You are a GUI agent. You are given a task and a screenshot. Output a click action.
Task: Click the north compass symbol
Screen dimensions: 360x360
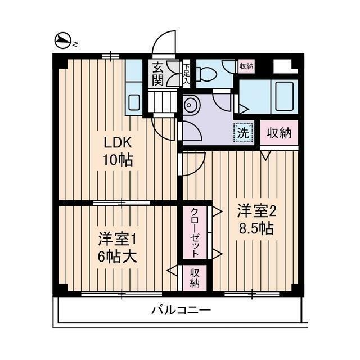[x=63, y=40]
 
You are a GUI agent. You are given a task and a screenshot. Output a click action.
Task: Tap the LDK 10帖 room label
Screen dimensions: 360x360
[x=117, y=152]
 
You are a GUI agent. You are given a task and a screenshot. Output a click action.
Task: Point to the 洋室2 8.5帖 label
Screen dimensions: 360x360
[x=255, y=220]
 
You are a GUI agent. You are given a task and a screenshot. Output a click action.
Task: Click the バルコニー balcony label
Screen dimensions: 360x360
[x=181, y=310]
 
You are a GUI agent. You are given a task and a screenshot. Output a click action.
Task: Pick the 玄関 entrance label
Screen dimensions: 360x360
[x=157, y=74]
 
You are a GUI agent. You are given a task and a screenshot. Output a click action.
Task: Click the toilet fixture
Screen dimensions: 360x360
[x=206, y=73]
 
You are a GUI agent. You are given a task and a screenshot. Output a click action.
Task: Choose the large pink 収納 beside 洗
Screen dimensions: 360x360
[x=279, y=133]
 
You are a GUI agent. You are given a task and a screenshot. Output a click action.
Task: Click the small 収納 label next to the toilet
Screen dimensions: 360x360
[x=246, y=66]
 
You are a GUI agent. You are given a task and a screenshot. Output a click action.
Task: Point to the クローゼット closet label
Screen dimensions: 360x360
[x=194, y=232]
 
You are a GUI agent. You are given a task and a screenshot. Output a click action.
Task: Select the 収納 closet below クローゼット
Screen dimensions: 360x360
[x=194, y=277]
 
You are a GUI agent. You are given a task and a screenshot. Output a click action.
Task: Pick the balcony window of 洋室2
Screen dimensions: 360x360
[x=251, y=294]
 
